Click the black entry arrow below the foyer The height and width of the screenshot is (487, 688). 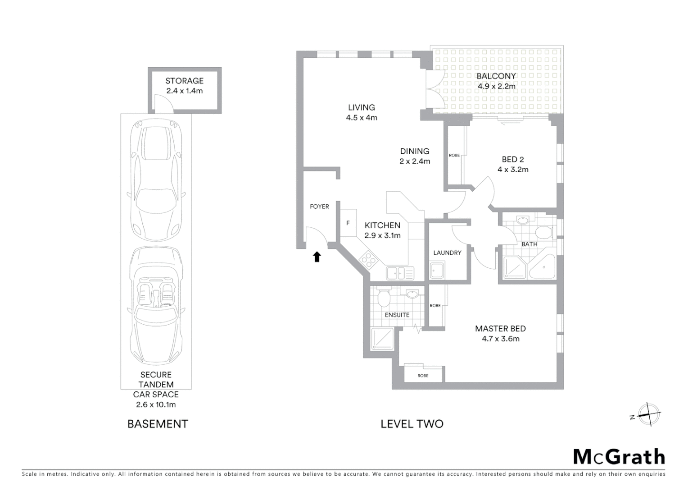tap(317, 257)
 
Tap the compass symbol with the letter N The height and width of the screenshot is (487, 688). tap(647, 414)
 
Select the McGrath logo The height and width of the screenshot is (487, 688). tap(619, 457)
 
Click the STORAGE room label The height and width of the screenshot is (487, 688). tap(184, 81)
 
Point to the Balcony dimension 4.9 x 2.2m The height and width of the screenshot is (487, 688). tap(496, 86)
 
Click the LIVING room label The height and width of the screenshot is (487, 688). tap(361, 107)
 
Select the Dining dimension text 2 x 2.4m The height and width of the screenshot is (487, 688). tap(415, 161)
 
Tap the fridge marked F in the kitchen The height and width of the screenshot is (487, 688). tap(348, 223)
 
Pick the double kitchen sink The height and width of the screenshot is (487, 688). tap(400, 273)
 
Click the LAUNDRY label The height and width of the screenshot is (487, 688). tap(447, 253)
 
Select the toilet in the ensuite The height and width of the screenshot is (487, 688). tap(384, 298)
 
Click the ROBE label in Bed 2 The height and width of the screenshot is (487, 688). tap(454, 155)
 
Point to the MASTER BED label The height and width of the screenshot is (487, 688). tap(500, 329)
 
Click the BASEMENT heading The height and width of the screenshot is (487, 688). tap(158, 424)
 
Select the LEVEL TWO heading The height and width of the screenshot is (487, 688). tap(412, 424)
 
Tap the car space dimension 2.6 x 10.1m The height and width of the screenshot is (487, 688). tap(156, 404)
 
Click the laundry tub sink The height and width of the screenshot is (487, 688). tap(437, 271)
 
